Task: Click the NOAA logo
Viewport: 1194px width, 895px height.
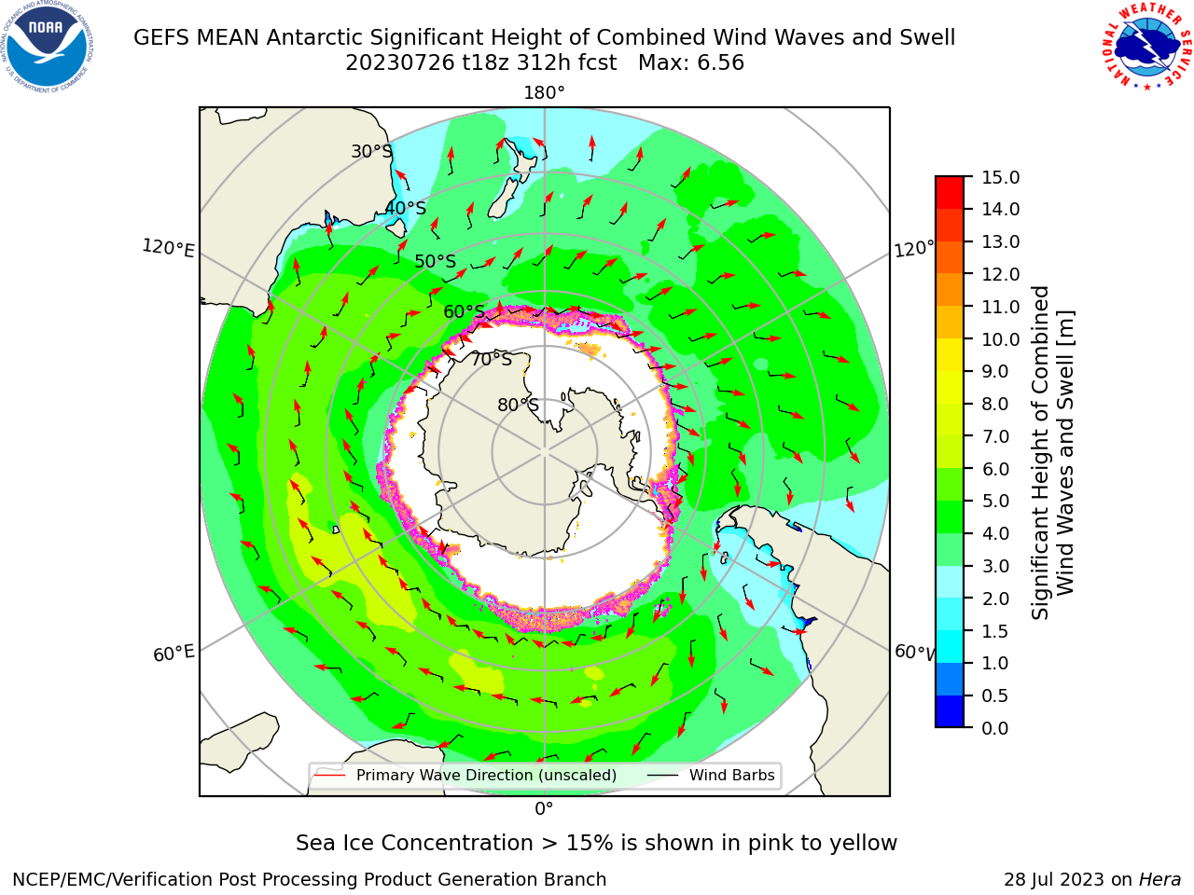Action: pos(48,47)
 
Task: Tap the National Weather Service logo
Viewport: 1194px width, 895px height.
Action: pos(1145,46)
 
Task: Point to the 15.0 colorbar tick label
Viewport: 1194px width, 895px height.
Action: pos(1000,177)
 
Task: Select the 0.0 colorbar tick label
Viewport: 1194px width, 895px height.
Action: pos(995,728)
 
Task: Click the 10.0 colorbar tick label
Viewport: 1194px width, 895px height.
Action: pos(1000,339)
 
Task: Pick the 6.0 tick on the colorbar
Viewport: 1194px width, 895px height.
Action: pos(995,469)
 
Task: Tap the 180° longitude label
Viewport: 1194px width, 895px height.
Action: pos(544,93)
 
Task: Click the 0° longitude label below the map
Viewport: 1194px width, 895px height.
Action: pos(544,809)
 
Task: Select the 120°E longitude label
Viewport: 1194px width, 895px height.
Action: pos(168,248)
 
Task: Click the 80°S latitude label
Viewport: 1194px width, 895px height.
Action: pos(518,405)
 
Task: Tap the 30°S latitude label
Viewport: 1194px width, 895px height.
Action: pos(371,151)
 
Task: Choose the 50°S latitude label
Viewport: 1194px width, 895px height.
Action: pos(436,261)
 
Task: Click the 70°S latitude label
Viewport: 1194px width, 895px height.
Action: pos(492,359)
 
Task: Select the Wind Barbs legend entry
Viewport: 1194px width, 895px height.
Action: pos(711,775)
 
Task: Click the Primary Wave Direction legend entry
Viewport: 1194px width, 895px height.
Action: pos(465,775)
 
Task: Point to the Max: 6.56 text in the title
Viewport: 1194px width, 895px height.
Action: pos(691,62)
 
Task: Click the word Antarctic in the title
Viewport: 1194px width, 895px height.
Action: pos(315,37)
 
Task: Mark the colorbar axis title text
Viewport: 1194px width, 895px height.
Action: pos(1052,453)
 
